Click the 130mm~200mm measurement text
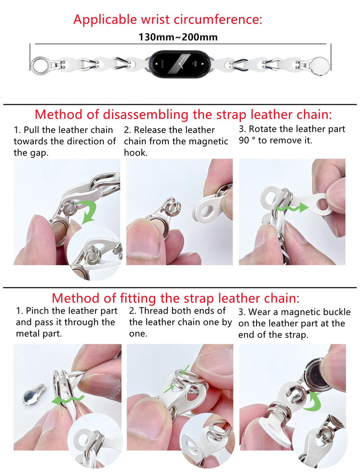(x=178, y=37)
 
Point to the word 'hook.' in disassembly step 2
(x=135, y=152)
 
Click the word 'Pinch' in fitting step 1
(x=37, y=311)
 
